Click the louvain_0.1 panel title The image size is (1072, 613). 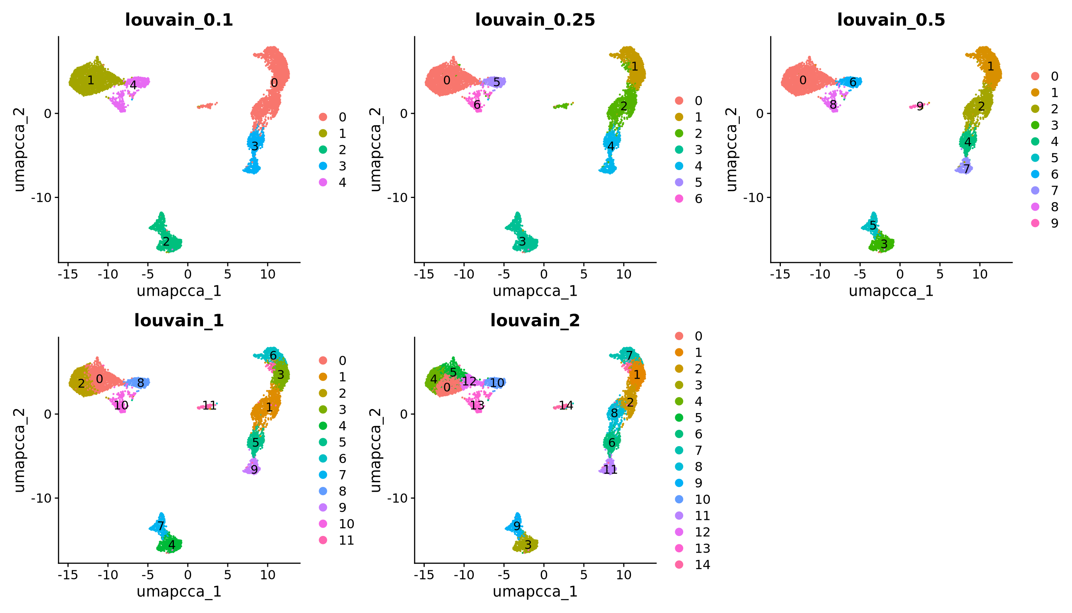tap(179, 20)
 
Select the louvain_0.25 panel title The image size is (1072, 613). tap(535, 20)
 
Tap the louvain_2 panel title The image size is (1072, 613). tap(535, 321)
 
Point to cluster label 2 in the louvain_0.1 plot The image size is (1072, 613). tap(166, 242)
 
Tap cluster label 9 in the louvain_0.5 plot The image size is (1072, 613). tap(920, 107)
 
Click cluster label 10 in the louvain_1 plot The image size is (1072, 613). tap(121, 405)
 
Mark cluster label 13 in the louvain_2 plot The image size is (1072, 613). tap(477, 405)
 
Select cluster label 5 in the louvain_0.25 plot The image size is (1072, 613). tap(497, 82)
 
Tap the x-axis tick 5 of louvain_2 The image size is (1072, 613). tap(583, 575)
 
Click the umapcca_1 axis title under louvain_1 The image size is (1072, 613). tap(179, 591)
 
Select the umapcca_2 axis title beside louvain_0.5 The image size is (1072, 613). tap(732, 150)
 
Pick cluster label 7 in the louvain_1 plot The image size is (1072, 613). tap(160, 526)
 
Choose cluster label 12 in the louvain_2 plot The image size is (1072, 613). tap(469, 382)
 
